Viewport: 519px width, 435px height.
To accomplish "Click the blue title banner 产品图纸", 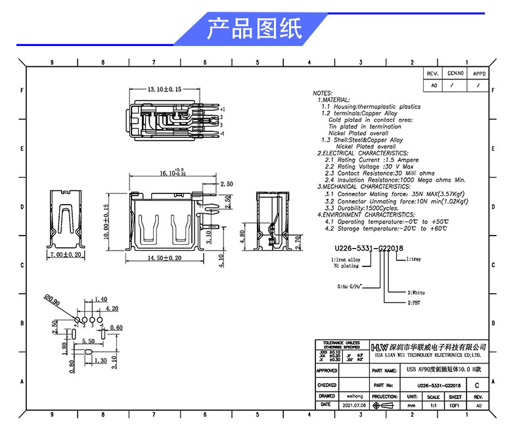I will (254, 30).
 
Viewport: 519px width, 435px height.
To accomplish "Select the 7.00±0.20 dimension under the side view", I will (68, 254).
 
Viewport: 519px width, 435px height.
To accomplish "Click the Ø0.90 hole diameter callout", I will (53, 300).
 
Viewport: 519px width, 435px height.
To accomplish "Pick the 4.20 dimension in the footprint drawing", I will (112, 308).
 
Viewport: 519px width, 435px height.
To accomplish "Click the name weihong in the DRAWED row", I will (355, 396).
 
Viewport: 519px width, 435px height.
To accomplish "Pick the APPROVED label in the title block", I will (327, 371).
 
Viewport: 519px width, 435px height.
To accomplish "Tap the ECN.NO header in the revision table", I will (455, 75).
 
